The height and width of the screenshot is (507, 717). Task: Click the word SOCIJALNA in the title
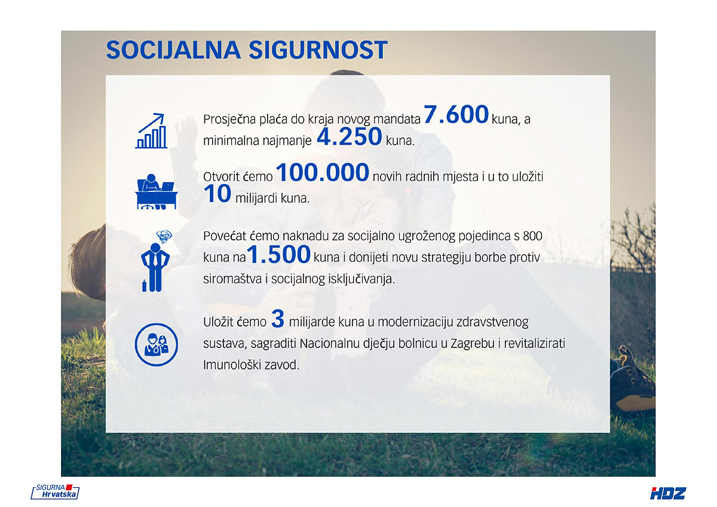click(x=173, y=50)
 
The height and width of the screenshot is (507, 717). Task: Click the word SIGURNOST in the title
click(x=318, y=50)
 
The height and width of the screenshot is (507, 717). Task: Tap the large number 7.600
click(x=456, y=114)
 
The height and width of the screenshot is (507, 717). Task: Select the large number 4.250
click(x=349, y=136)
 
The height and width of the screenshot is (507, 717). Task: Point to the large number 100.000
click(x=322, y=172)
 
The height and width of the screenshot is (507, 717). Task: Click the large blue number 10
click(x=217, y=194)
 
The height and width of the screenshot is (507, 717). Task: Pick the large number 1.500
click(x=278, y=254)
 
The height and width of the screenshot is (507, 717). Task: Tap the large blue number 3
click(x=277, y=319)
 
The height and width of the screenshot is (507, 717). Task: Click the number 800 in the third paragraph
click(x=532, y=236)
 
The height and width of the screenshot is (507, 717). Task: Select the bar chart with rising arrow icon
click(x=151, y=131)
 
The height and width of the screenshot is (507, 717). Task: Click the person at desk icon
click(x=156, y=191)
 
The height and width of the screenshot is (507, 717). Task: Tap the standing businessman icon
click(x=155, y=261)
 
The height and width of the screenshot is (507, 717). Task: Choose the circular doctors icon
click(x=156, y=344)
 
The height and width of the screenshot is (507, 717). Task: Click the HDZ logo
click(x=668, y=493)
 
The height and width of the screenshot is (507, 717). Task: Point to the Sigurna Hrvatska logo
click(x=55, y=491)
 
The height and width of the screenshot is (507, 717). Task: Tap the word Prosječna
click(x=229, y=120)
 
